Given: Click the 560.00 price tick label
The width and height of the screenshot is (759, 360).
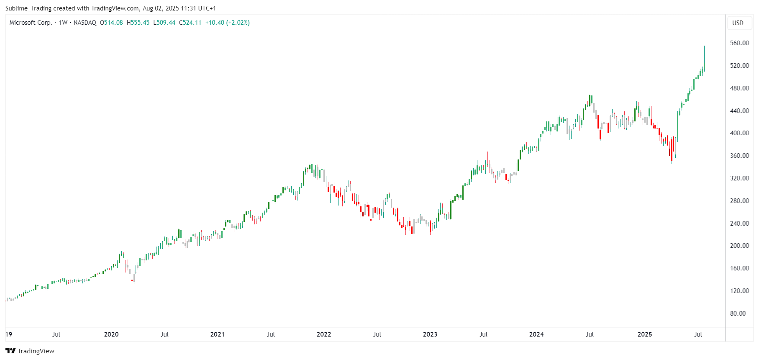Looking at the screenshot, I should pos(739,43).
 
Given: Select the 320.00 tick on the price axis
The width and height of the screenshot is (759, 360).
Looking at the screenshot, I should pos(739,178).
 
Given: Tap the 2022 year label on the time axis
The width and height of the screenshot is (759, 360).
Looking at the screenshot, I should pos(324,334).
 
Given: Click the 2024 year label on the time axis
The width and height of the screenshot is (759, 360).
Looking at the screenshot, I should pos(536,334).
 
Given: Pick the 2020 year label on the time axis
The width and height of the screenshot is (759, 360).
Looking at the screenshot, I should pos(111,334).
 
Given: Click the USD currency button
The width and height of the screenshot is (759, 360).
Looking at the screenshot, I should pos(738,23).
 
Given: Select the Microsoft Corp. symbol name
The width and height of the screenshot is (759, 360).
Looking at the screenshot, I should pos(31,23).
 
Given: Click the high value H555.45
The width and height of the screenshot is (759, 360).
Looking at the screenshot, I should pos(138,23).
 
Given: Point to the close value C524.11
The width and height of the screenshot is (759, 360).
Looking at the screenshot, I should pos(190,23).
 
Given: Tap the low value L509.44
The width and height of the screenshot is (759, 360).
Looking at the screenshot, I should pos(164,23).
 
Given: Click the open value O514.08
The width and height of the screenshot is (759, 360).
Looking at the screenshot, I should pos(111,23).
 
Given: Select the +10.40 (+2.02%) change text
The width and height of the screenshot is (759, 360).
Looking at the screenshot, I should pos(227,23).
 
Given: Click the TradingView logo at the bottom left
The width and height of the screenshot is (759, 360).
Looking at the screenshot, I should pos(30,351).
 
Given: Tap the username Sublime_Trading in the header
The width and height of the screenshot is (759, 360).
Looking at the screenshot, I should pos(28,8).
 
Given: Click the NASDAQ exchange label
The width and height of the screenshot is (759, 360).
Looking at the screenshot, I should pos(85,23).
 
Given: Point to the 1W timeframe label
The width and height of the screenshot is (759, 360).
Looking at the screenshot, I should pos(63,23).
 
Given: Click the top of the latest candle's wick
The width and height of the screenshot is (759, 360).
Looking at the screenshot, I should pos(704,46).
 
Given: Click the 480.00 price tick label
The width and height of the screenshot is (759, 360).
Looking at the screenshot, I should pos(739,88).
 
